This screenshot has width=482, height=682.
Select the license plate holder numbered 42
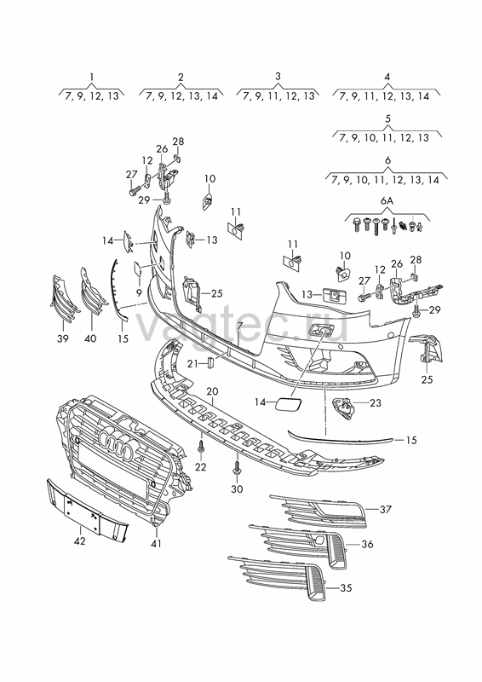point(88,510)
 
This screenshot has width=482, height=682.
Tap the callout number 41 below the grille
point(157,543)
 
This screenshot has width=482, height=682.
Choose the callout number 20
point(212,391)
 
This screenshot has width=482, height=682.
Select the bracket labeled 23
point(343,408)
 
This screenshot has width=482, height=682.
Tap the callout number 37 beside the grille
point(386,509)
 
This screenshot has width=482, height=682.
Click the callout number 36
point(367,544)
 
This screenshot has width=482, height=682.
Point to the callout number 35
point(346,588)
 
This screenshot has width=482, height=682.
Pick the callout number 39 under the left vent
point(62,338)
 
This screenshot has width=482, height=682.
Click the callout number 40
point(90,338)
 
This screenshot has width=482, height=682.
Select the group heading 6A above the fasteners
point(387,201)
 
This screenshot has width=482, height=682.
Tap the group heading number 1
point(92,77)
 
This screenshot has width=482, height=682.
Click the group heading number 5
point(387,118)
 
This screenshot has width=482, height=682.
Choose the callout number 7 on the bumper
point(239,326)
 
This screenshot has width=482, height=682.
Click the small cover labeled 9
point(137,268)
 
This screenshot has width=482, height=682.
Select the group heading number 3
point(278,76)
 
